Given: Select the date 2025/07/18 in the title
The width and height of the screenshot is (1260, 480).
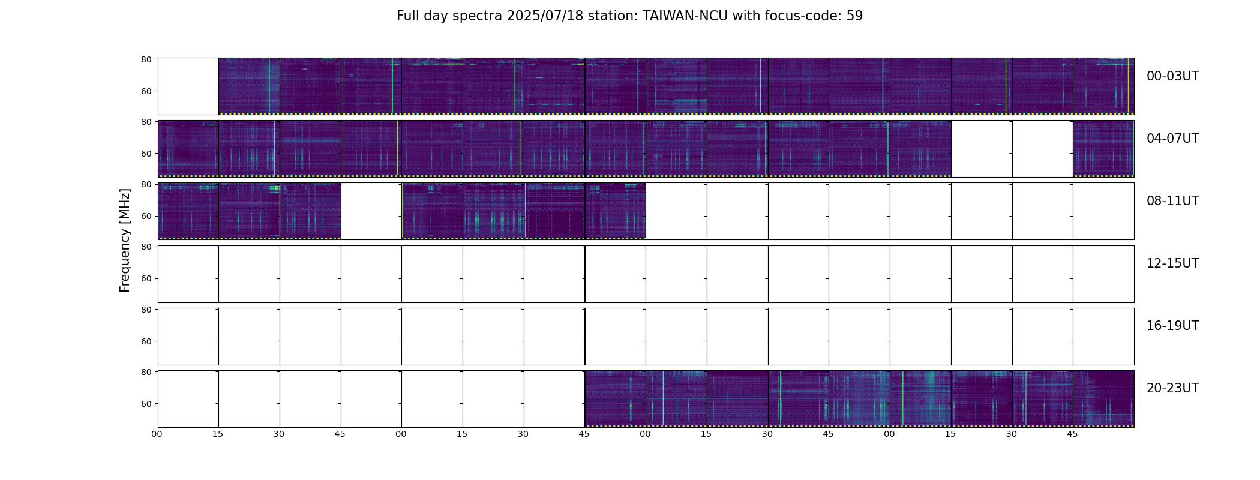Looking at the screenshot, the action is (549, 16).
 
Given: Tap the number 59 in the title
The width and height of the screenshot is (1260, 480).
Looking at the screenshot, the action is (854, 16).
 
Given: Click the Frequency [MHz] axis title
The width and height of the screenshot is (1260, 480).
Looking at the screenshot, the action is (125, 240).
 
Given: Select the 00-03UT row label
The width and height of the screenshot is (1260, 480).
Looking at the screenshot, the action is (1172, 76).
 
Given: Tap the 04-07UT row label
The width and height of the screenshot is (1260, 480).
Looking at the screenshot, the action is (1172, 139).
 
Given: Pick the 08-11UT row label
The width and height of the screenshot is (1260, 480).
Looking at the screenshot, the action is (1172, 201).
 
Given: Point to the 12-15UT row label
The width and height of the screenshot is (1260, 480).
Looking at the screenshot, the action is (1172, 263).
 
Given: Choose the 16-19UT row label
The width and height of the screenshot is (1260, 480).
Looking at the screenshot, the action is (1172, 326).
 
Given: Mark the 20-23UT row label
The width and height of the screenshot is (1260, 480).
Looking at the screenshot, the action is (1172, 388).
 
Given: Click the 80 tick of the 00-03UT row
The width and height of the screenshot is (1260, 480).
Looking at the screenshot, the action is (146, 59).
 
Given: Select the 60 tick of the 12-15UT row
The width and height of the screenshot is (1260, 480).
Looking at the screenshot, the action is (146, 278).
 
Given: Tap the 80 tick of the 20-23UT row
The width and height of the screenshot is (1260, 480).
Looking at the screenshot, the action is (146, 372).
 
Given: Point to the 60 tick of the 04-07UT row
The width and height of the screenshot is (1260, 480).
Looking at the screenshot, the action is (146, 154).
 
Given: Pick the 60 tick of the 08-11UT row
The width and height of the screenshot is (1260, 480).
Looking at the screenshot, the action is (146, 216).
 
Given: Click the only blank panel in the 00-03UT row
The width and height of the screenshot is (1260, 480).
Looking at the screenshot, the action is (188, 86).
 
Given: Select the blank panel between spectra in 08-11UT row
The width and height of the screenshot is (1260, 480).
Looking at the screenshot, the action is (371, 211).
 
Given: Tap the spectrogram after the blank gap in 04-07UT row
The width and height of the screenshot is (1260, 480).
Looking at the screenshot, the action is (1103, 149).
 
